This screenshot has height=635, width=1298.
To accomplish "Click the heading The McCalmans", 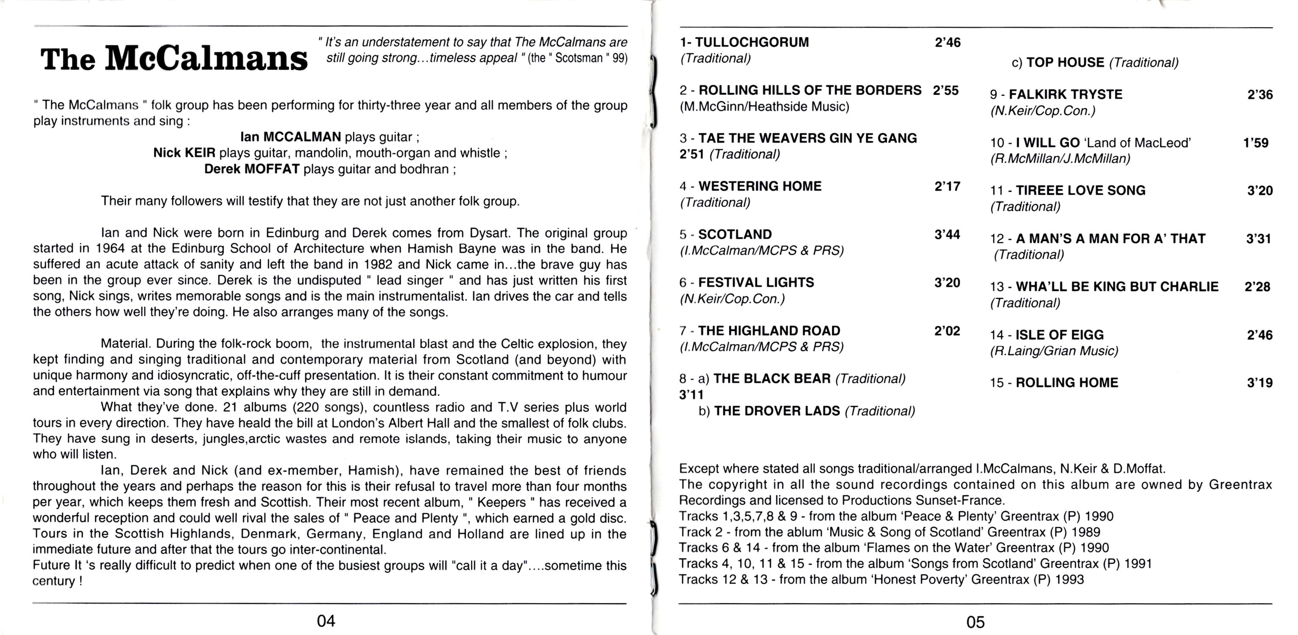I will [x=174, y=59].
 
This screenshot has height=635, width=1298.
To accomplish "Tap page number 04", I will [x=326, y=621].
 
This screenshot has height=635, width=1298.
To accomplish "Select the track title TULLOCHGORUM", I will [x=752, y=42].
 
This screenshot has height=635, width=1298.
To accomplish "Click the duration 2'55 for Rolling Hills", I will [x=946, y=91].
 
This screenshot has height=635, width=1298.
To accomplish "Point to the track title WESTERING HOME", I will [x=760, y=186].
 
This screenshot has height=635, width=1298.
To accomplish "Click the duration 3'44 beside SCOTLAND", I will [x=947, y=235].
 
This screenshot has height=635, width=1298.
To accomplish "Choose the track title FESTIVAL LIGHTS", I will [x=756, y=282].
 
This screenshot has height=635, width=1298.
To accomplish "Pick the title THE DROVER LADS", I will [x=777, y=411].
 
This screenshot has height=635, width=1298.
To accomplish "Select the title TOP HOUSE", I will [x=1065, y=63].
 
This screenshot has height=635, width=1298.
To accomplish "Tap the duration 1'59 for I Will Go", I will [x=1256, y=143].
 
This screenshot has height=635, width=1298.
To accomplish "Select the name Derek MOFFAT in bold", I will [x=252, y=169].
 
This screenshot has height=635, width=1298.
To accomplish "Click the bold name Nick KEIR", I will [x=184, y=153].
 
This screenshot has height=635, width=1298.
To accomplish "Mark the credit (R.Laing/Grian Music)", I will [x=1054, y=351].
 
